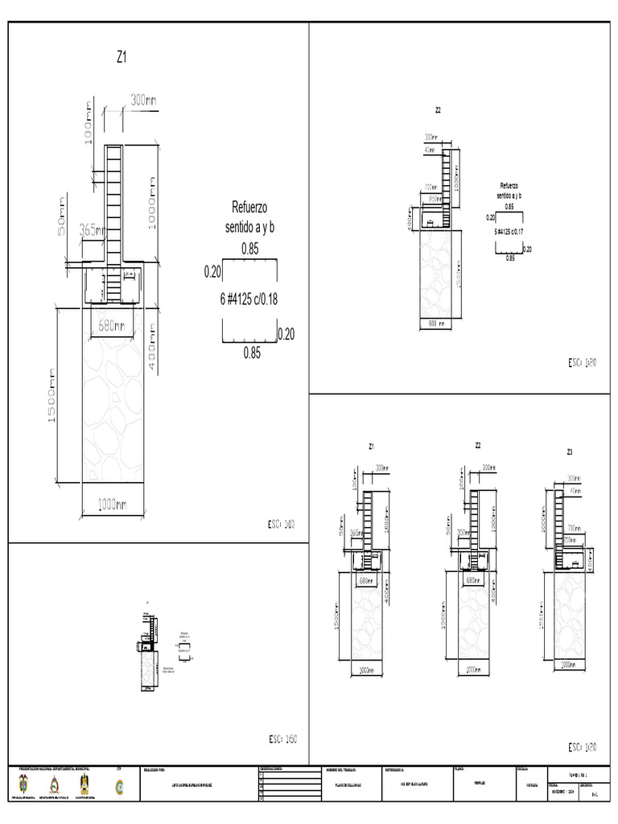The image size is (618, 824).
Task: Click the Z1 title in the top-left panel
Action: tap(122, 57)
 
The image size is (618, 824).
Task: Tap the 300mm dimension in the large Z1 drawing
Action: tap(144, 100)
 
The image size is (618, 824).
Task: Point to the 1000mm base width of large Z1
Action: tap(112, 505)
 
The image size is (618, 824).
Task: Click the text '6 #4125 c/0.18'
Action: tap(249, 299)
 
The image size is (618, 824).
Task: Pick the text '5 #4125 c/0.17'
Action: tap(509, 231)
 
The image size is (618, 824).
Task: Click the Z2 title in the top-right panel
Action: tap(438, 110)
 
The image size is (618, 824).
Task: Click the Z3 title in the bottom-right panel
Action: tap(570, 451)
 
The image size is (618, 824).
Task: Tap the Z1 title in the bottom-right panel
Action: tap(371, 446)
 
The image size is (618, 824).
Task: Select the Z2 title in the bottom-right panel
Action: tap(478, 445)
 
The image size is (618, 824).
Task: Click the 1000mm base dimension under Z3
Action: tap(568, 665)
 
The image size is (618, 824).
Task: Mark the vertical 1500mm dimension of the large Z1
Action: tap(50, 398)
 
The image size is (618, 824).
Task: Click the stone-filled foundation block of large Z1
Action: tap(112, 402)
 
